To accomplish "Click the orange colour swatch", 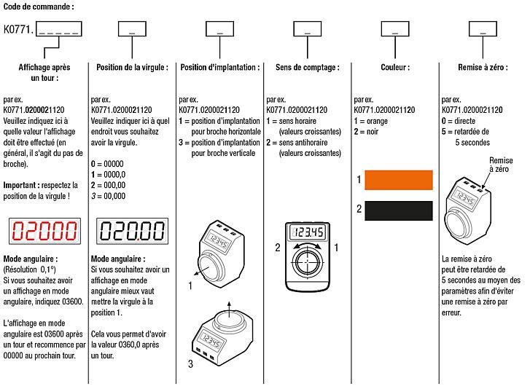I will point(398,180).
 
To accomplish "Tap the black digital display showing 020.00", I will point(131,232).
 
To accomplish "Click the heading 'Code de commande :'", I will point(37,6).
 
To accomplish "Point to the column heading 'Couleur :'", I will point(394,67).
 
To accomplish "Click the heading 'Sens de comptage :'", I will point(307,67).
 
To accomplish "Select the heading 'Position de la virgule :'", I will point(132,67).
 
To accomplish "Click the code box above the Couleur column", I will point(394,29).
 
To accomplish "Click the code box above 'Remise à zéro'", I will point(482,29).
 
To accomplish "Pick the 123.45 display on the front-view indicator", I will point(307,232).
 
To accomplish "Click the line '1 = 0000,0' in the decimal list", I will point(108,176).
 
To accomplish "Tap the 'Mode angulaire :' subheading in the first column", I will point(30,259).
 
